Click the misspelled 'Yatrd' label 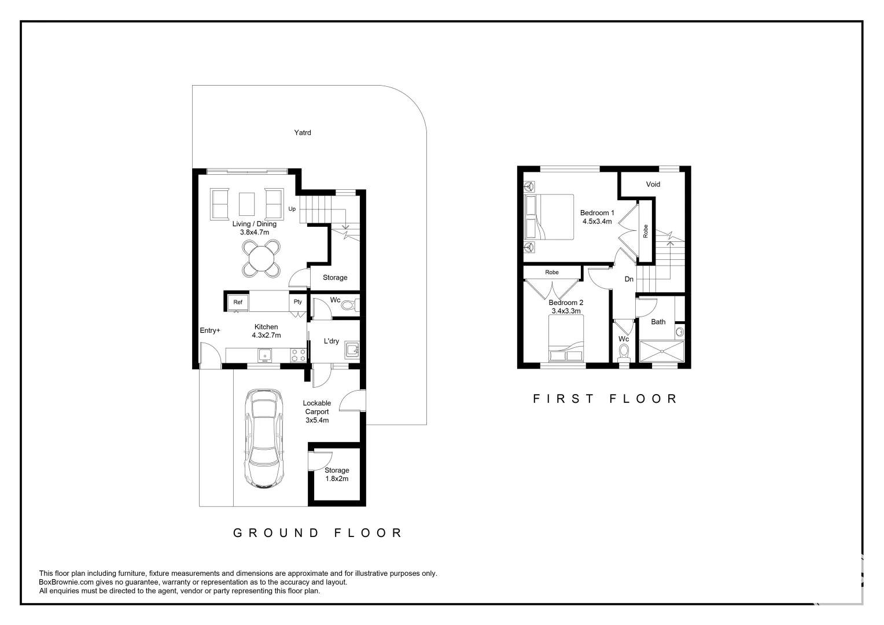click(302, 133)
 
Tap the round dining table click(261, 258)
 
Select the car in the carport click(264, 438)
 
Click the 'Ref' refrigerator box click(238, 302)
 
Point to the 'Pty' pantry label click(297, 302)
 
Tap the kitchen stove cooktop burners click(298, 355)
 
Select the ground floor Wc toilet click(349, 305)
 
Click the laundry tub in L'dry click(351, 349)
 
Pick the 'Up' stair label click(292, 209)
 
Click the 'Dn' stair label click(629, 279)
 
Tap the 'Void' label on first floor click(653, 184)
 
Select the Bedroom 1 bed click(549, 216)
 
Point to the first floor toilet click(623, 351)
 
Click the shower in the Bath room click(661, 351)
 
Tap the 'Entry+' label click(210, 330)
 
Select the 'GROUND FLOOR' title click(318, 532)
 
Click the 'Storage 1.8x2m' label click(336, 475)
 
